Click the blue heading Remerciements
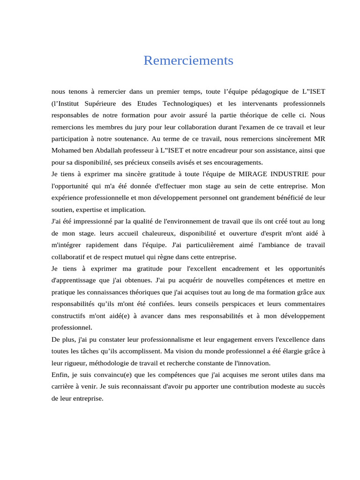pos(188,61)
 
